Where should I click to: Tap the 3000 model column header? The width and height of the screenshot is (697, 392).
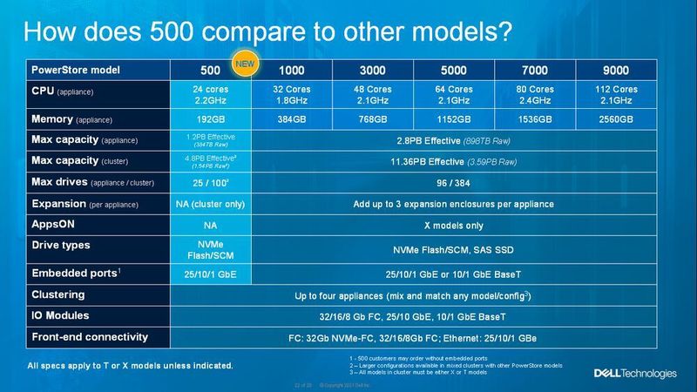(373, 69)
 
